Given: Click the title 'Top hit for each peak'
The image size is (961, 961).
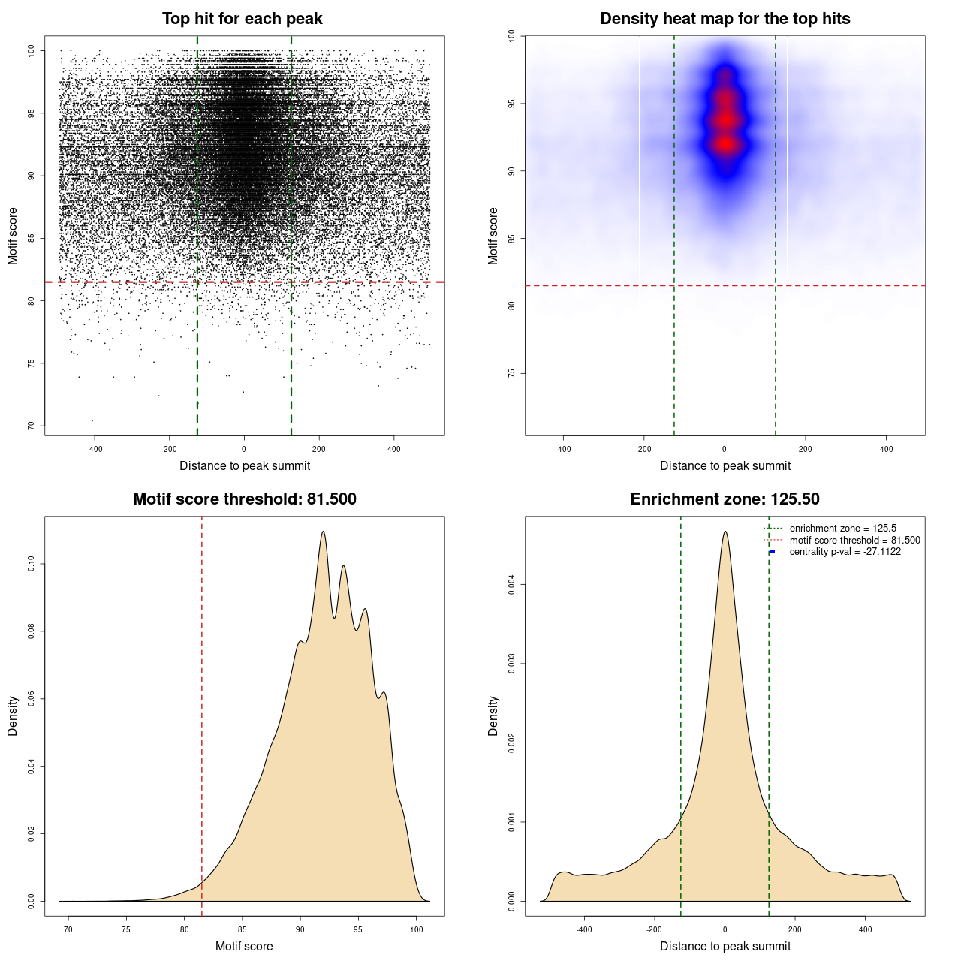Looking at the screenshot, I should (x=243, y=19).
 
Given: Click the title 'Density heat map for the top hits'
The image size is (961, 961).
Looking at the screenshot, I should (x=725, y=19).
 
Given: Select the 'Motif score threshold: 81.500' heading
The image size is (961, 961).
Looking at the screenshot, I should (x=244, y=499).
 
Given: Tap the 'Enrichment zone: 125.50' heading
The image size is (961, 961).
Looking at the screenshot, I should (x=725, y=499).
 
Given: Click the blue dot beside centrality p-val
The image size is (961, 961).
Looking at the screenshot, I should (x=773, y=552).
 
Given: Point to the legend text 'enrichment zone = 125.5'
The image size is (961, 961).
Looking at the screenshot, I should (x=842, y=529).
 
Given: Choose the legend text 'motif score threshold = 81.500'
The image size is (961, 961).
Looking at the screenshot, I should (x=854, y=541).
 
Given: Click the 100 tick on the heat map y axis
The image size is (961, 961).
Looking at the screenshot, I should (x=512, y=36).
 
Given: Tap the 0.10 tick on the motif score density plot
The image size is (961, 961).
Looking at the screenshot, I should (x=32, y=564).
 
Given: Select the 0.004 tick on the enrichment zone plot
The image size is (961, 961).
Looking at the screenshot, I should (x=512, y=585).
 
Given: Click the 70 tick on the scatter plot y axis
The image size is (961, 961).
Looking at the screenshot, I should (x=32, y=426).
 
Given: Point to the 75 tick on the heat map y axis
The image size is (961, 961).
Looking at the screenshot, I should (x=512, y=373).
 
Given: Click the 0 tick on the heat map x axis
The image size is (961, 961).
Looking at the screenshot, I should (x=725, y=449).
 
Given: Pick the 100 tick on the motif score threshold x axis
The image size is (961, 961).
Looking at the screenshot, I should (x=417, y=929).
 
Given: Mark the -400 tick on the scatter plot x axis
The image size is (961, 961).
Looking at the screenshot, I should (x=95, y=449).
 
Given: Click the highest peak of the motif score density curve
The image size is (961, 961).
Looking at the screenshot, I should (x=323, y=532).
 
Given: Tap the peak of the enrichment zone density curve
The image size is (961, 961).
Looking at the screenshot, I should (x=725, y=532).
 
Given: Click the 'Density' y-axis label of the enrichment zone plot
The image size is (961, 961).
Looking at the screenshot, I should (x=493, y=715).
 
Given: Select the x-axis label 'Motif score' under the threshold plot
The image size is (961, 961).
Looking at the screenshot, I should (x=244, y=946).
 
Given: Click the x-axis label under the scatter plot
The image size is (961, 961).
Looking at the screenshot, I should (x=245, y=465).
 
